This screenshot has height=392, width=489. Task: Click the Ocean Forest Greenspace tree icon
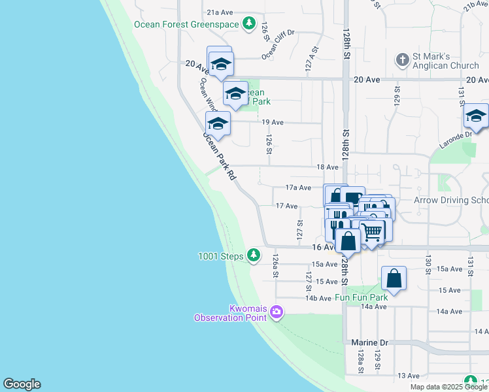pyautogui.click(x=248, y=24)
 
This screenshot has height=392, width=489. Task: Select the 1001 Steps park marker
pyautogui.click(x=253, y=256)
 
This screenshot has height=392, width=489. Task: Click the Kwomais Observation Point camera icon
pyautogui.click(x=276, y=312)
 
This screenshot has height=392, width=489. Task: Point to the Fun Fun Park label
pyautogui.click(x=362, y=297)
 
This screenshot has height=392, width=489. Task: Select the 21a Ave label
pyautogui.click(x=220, y=12)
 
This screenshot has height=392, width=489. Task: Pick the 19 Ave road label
pyautogui.click(x=272, y=122)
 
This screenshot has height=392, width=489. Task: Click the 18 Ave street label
pyautogui.click(x=327, y=167)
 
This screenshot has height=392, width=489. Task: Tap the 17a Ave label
pyautogui.click(x=297, y=188)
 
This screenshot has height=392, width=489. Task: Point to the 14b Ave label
pyautogui.click(x=318, y=298)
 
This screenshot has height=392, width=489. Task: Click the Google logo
pyautogui.click(x=22, y=384)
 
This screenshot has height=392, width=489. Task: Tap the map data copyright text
pyautogui.click(x=449, y=387)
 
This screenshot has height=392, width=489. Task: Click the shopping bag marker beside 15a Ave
pyautogui.click(x=394, y=278)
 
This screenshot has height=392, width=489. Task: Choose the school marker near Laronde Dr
pyautogui.click(x=476, y=117)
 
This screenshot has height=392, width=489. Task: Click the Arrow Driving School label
pyautogui.click(x=451, y=200)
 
